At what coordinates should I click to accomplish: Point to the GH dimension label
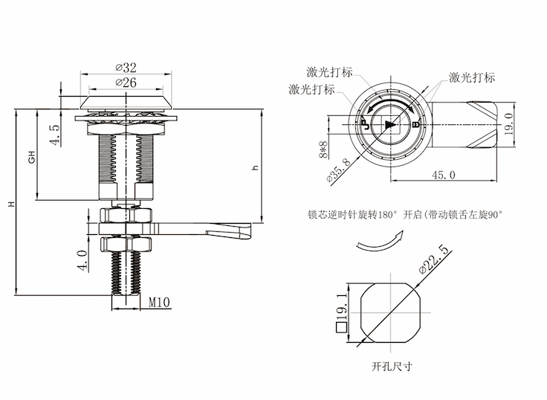coord(32,158)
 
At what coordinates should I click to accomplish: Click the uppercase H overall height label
coord(10,203)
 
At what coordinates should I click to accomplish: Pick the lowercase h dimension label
coord(255,169)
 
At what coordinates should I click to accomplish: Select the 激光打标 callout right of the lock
coord(472,77)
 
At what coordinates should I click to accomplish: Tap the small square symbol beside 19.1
coord(340,326)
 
